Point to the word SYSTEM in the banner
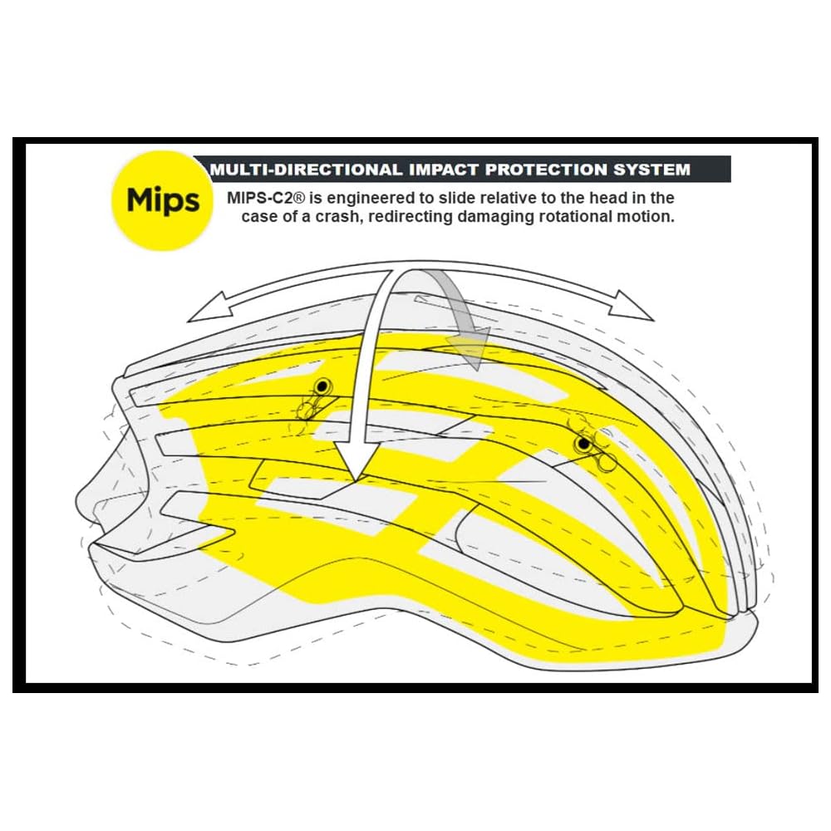[x=651, y=170]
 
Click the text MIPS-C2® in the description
[x=263, y=199]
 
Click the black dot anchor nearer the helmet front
[x=322, y=386]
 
